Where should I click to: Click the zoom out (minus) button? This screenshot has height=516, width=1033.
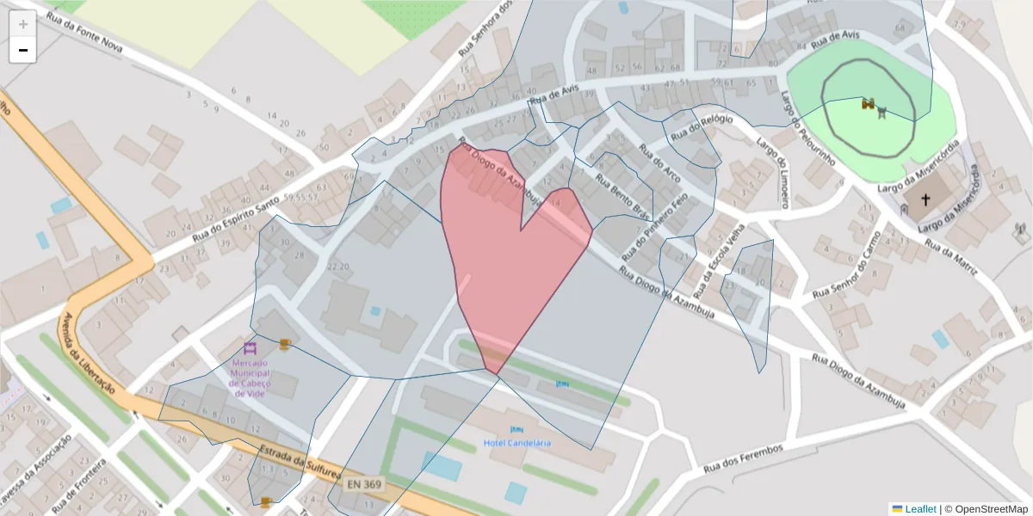tap(23, 50)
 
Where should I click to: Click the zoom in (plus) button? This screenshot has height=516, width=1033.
tap(23, 23)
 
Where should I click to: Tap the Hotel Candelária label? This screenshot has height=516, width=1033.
tap(516, 443)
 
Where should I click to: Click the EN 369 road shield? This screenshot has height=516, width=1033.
tap(364, 485)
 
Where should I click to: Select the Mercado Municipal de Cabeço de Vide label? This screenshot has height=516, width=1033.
tap(251, 378)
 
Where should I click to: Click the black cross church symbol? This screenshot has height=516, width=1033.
tap(926, 200)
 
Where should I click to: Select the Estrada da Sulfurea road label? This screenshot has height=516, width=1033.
tap(300, 463)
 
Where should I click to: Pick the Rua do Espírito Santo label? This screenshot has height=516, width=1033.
tap(236, 219)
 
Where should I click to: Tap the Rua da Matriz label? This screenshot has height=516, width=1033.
tap(951, 255)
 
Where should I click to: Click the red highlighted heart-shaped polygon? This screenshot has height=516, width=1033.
tap(508, 258)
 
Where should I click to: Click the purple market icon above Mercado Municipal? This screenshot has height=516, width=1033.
tap(251, 348)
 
